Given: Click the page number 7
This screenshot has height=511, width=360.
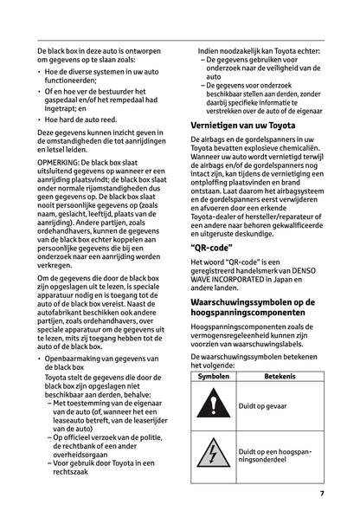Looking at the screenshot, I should pos(320,495).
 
